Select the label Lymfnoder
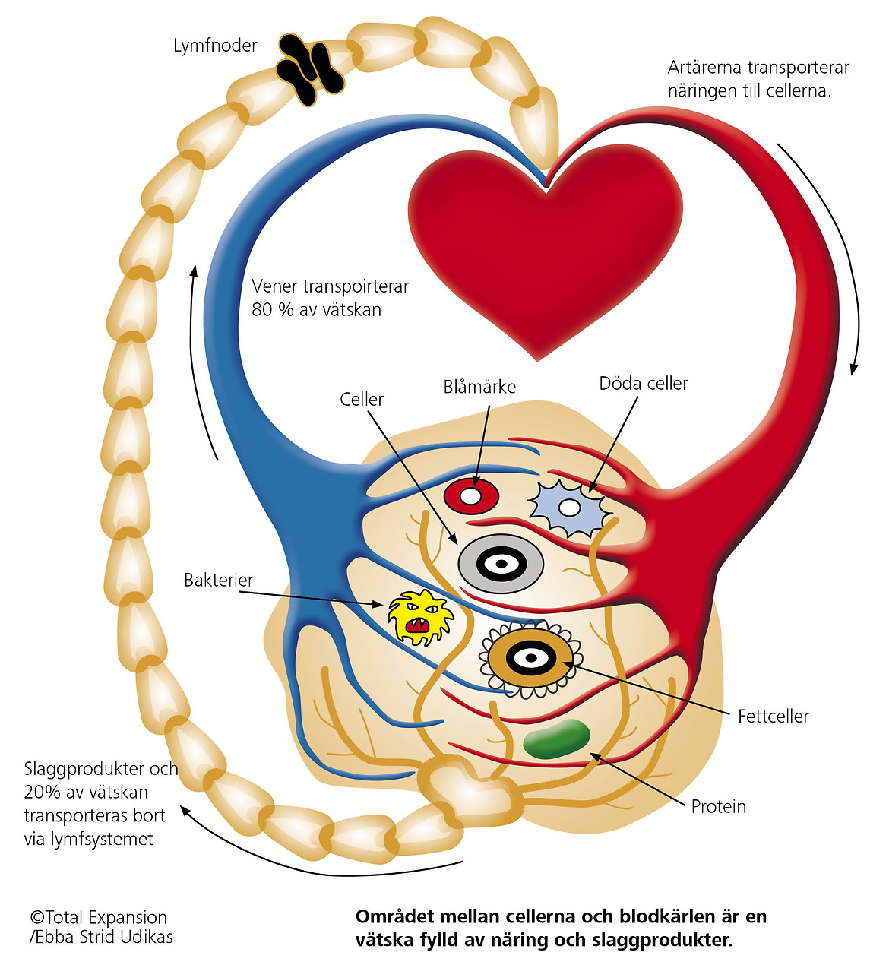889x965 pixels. pos(215,46)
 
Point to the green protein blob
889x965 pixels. pos(557,739)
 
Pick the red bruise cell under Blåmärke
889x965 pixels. pos(471,496)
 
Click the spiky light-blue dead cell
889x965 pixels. pos(568,506)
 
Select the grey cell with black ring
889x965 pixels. pos(500,564)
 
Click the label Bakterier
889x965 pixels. pos(219,581)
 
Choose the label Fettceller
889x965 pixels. pos(773,716)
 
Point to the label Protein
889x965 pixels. pos(718,806)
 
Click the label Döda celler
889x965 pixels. pos(644,384)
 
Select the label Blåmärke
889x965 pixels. pos(479,387)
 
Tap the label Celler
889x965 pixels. pos(362,399)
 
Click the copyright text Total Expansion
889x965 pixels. pos(99,917)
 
